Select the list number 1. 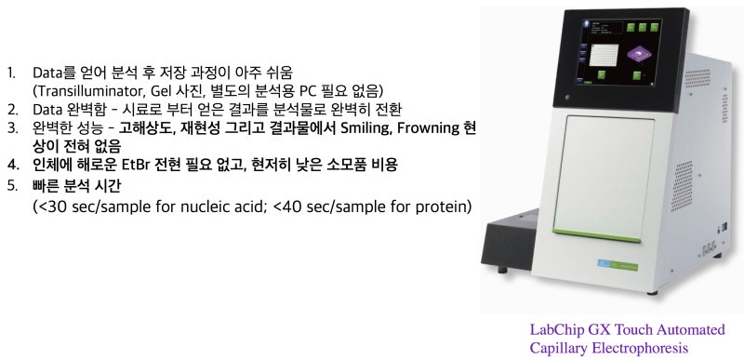(11, 72)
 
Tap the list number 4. (12, 165)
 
